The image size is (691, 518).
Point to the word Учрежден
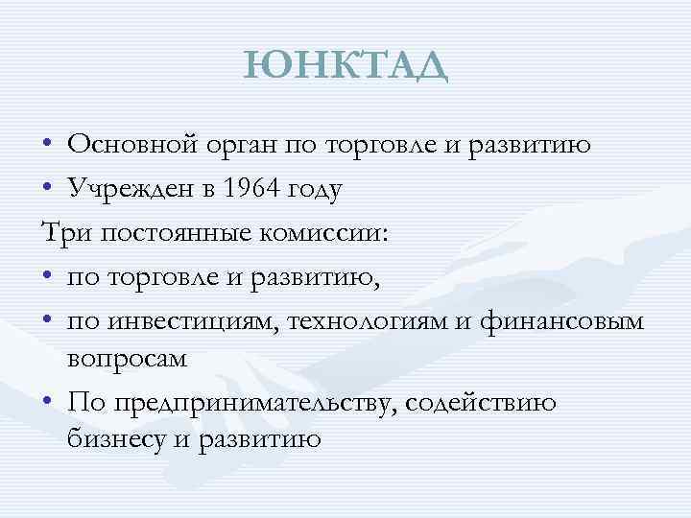pos(126,189)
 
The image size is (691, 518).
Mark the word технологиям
pos(356,321)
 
